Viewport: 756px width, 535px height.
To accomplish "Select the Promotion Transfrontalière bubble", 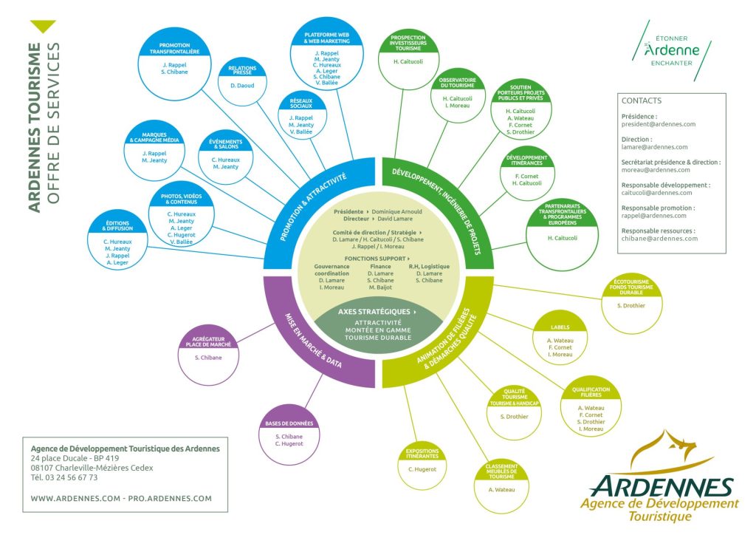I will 174,62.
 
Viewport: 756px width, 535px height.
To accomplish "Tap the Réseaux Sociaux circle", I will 300,117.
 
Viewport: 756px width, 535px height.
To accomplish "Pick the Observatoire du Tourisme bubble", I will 457,95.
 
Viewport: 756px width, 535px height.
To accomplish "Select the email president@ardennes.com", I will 659,124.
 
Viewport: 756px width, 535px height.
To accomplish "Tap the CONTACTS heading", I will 642,100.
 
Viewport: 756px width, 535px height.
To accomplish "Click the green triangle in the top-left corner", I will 44,27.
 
